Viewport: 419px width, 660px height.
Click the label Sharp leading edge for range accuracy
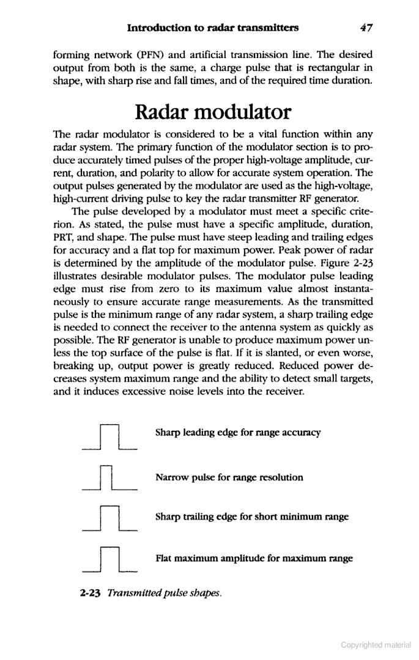(238, 433)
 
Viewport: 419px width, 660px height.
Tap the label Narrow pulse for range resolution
(229, 477)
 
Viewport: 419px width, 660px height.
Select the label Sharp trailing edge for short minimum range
(252, 517)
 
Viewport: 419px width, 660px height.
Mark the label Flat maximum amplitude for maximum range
(254, 558)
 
